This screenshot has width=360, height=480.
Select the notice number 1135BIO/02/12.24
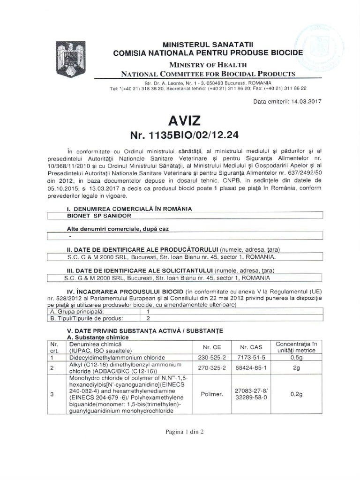(180, 135)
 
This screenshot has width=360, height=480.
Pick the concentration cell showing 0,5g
(296, 357)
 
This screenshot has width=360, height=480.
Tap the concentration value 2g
(296, 367)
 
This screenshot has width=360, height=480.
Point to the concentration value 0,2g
(296, 395)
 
